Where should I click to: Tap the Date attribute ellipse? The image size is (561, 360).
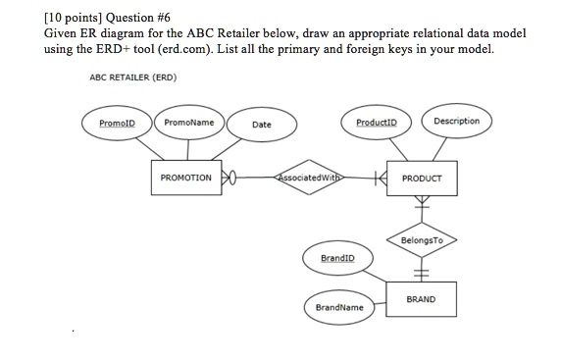tap(261, 125)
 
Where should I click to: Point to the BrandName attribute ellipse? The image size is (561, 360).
tap(338, 306)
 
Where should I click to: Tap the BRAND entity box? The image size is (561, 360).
tap(422, 299)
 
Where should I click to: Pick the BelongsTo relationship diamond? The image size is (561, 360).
tap(422, 238)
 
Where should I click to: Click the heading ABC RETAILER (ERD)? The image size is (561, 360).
tap(126, 77)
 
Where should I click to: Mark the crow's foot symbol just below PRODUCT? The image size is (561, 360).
tap(422, 204)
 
